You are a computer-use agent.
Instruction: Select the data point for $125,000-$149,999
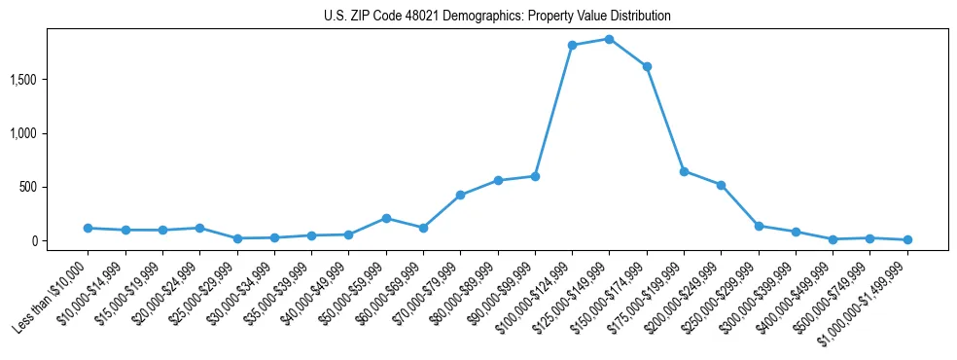[x=609, y=39]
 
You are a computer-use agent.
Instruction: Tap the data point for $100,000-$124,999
[x=572, y=45]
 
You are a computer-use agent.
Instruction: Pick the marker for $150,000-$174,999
[x=647, y=66]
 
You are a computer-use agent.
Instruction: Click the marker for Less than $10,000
[x=88, y=228]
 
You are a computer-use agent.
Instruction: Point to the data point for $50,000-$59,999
[x=386, y=218]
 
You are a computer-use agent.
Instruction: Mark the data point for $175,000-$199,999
[x=684, y=171]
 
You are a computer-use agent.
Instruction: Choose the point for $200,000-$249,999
[x=721, y=185]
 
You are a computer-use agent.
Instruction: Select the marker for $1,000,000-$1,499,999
[x=907, y=239]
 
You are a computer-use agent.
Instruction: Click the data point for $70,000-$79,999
[x=460, y=195]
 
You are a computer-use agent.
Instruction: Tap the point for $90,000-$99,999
[x=535, y=176]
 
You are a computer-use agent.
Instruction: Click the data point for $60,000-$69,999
[x=423, y=228]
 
